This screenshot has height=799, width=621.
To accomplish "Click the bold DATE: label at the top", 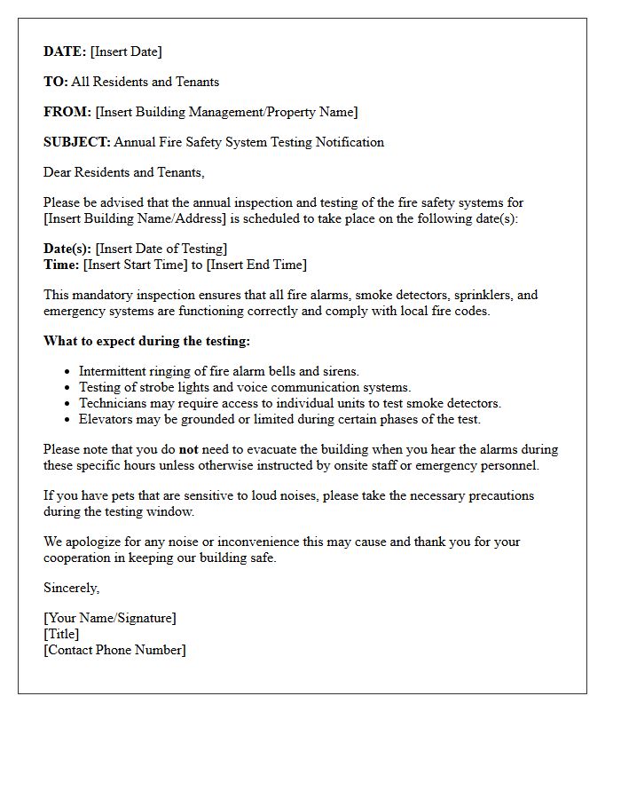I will pos(65,51).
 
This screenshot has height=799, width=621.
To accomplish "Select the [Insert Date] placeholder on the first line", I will pos(126,51).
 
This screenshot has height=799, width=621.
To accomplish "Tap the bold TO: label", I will pos(55,82).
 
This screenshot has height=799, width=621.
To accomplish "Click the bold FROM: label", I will pos(67,112).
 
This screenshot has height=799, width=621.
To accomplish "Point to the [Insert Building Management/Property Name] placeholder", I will pos(226,112).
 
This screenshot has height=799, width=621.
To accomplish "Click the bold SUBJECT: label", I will pos(77,142).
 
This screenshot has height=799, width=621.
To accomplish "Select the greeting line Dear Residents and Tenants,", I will pos(123,172).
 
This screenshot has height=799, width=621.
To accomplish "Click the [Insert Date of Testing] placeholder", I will pos(161,249).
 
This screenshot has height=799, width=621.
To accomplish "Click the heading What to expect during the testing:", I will pos(146,341).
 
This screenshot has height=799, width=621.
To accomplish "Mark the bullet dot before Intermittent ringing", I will pos(67,372).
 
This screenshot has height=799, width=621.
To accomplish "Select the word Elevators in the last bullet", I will pos(106,419).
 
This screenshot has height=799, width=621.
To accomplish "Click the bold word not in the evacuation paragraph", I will pos(188,449).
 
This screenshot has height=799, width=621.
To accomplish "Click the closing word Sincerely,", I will pos(71,588).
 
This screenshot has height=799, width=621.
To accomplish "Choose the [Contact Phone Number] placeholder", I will pos(114,650).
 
